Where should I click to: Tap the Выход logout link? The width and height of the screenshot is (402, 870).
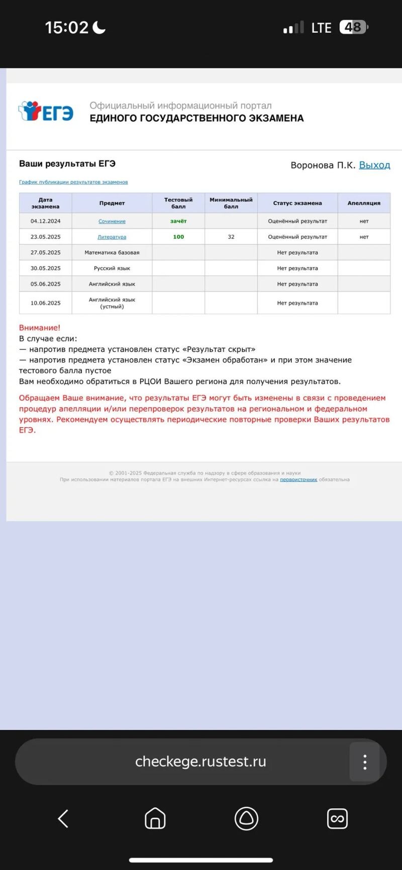[x=374, y=165]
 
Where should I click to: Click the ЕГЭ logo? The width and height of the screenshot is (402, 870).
[x=46, y=111]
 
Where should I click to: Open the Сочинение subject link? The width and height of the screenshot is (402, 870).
[x=112, y=221]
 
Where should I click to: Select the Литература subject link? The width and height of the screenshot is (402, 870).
[x=112, y=237]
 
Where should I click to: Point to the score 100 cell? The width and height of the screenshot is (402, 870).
[x=178, y=237]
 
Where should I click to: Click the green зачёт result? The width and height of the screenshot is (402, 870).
[x=178, y=221]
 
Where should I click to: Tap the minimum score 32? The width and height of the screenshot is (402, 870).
[x=231, y=237]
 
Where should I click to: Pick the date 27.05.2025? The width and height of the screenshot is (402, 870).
[x=45, y=253]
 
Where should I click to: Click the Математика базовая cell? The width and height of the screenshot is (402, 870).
[x=112, y=253]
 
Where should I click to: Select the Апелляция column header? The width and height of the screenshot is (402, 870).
[x=364, y=203]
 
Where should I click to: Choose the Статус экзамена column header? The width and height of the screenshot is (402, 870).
[x=297, y=203]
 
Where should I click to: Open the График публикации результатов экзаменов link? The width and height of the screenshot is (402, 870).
[x=73, y=182]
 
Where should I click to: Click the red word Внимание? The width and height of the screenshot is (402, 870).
[x=40, y=328]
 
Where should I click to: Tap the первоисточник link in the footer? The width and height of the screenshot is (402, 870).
[x=298, y=480]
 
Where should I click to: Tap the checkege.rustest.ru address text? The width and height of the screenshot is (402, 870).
[x=200, y=762]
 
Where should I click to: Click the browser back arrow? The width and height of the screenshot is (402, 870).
[x=63, y=819]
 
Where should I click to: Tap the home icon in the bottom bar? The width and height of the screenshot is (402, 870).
[x=155, y=819]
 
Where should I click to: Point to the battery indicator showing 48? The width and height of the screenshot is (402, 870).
[x=354, y=27]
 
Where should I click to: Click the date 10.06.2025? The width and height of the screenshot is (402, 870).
[x=45, y=303]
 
